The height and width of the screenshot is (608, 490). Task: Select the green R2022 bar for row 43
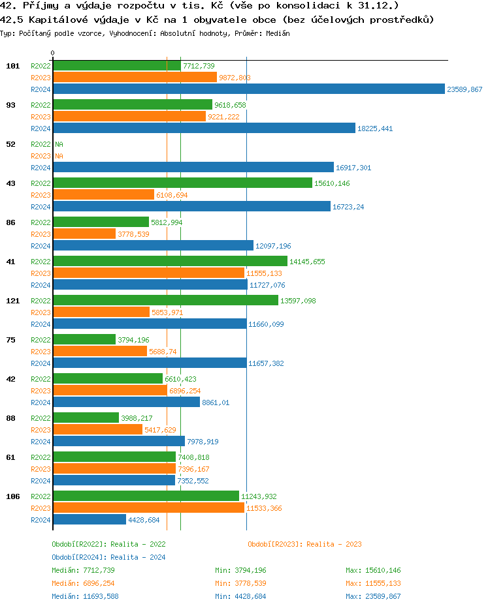182,183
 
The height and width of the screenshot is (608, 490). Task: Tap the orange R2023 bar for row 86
84,234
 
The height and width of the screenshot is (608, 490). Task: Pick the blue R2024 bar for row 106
89,520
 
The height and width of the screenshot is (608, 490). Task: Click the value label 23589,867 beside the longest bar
465,89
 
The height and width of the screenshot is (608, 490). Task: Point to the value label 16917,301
353,168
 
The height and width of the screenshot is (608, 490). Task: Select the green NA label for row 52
59,144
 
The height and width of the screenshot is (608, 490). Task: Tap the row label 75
11,340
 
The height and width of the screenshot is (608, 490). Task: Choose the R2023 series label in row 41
41,273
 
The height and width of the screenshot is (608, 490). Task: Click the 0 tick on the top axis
53,53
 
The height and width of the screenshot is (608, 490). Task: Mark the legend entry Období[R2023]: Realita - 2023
304,544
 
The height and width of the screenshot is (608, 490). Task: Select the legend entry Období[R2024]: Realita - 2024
108,557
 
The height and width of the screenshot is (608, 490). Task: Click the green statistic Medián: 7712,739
83,570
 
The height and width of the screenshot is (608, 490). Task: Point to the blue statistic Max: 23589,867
373,596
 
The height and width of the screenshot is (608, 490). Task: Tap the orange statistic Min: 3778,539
240,583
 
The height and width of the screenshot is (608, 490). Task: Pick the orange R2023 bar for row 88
97,430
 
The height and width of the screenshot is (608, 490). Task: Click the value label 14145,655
307,262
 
